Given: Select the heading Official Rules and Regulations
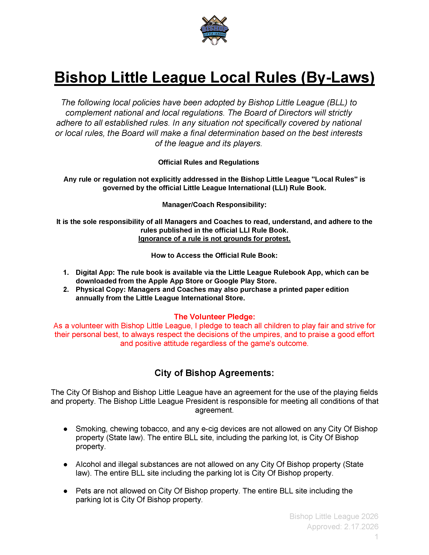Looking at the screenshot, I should click(208, 162).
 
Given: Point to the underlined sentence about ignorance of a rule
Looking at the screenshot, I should click(214, 239).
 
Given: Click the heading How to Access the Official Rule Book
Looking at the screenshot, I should click(214, 255).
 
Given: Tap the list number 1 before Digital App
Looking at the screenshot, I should click(66, 272).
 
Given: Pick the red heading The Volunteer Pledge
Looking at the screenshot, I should click(214, 317).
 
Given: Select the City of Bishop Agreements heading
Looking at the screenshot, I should click(214, 373).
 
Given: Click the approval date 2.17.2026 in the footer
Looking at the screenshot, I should click(361, 527).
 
